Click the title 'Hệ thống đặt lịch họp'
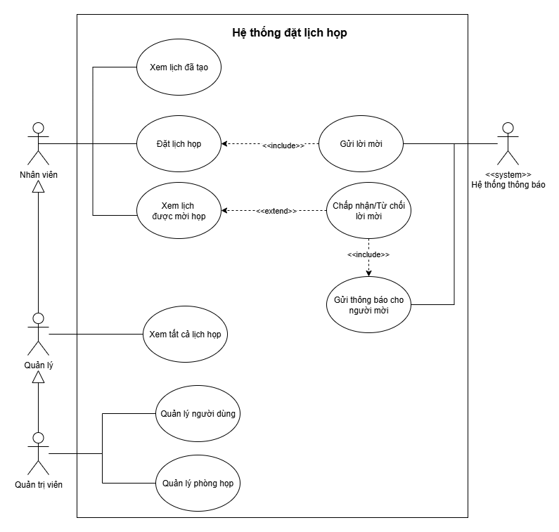(289, 33)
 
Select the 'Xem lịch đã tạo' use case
(178, 67)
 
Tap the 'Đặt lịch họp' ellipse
(178, 144)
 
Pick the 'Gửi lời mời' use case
(361, 144)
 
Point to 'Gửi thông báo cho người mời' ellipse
(369, 304)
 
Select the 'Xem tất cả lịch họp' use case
(185, 335)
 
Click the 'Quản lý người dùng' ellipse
(198, 413)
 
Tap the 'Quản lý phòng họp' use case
(198, 484)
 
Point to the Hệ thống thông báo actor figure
(508, 144)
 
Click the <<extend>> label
(276, 210)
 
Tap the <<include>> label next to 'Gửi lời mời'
(283, 145)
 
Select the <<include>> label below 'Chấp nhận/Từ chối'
(368, 254)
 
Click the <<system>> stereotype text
(508, 174)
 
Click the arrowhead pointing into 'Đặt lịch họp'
(225, 144)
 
